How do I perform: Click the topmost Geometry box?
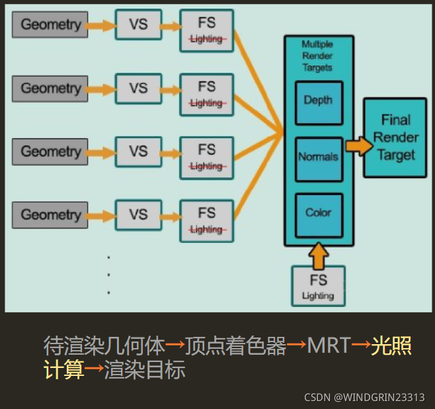click(x=50, y=24)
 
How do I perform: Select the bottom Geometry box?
click(x=50, y=214)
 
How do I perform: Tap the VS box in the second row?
click(x=138, y=88)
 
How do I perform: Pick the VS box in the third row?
click(x=138, y=152)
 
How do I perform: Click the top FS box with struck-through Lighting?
click(x=207, y=30)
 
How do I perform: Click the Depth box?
click(x=318, y=103)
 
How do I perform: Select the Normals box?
click(x=318, y=158)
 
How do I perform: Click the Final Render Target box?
click(x=395, y=138)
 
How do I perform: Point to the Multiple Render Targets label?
click(x=317, y=56)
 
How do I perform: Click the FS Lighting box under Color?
click(x=318, y=286)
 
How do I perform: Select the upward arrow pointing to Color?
click(x=318, y=255)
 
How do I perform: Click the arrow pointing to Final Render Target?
click(x=358, y=146)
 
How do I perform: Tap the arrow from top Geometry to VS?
click(x=101, y=26)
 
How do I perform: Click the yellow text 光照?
click(x=391, y=345)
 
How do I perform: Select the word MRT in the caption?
click(x=328, y=345)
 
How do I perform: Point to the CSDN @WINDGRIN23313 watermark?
click(x=364, y=397)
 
